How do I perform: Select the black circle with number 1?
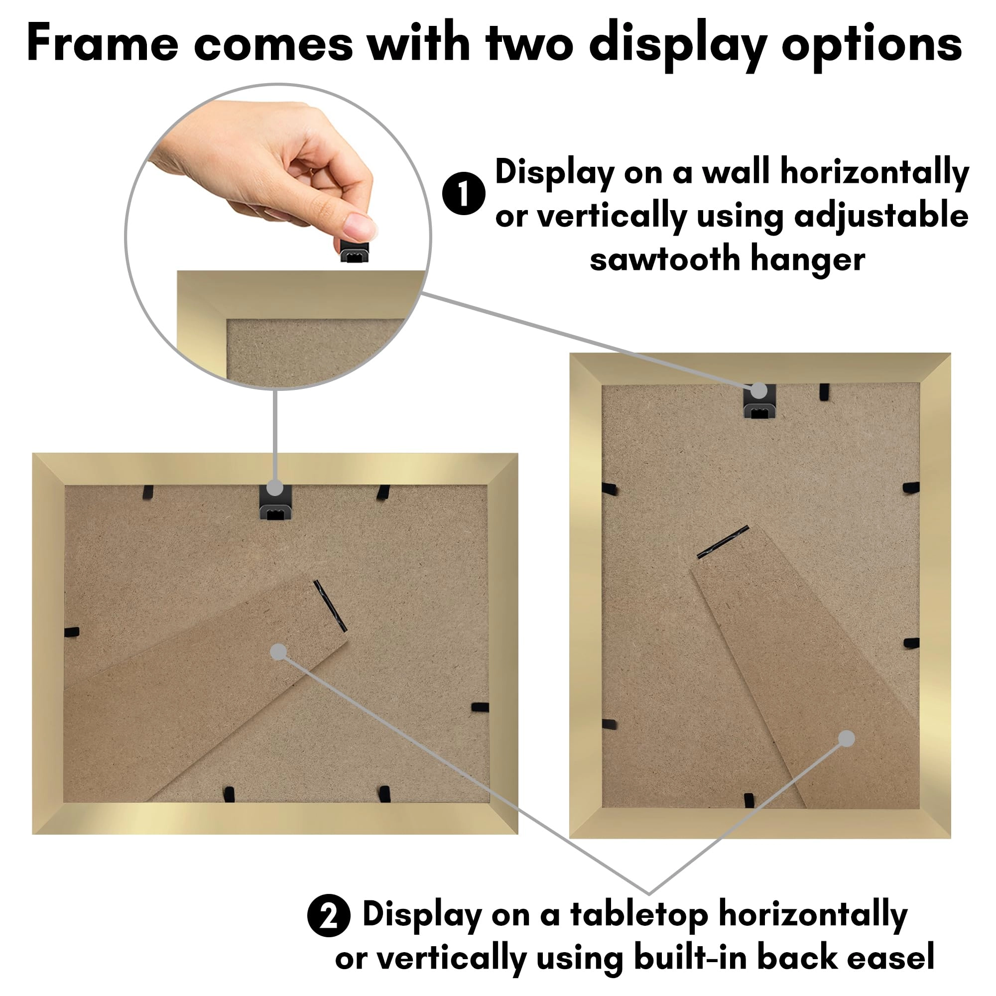point(464,193)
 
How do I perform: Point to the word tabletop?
point(639,915)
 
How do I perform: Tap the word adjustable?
point(881,216)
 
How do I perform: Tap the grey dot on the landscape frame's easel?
point(278,652)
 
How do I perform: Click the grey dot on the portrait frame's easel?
point(847,739)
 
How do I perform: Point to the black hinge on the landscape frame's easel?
point(330,606)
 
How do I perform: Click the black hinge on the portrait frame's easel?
point(723,542)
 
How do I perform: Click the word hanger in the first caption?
point(807,259)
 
